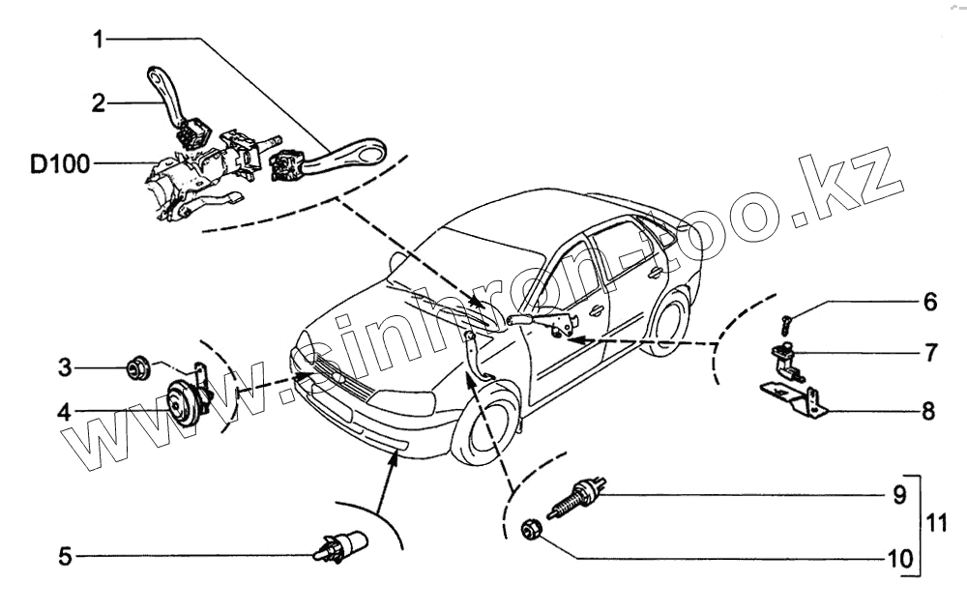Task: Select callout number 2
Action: point(98,102)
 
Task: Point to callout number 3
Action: point(64,367)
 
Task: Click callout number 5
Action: point(64,556)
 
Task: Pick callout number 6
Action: point(928,302)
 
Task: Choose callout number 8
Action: point(928,412)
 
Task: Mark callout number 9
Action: point(899,496)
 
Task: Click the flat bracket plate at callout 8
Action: point(793,396)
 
